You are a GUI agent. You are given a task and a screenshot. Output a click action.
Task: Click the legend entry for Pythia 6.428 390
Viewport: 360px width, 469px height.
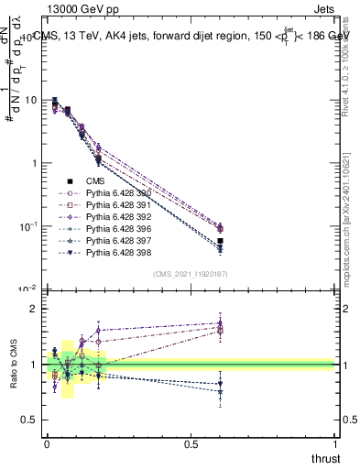[x=116, y=193]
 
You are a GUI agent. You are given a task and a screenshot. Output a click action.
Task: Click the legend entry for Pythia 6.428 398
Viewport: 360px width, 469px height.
[x=116, y=253]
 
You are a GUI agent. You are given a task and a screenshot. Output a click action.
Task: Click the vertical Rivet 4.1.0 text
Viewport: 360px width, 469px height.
[x=348, y=64]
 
